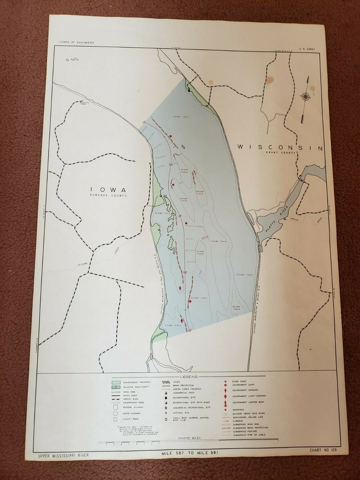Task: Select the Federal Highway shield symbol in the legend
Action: (x=116, y=407)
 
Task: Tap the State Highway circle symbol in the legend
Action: (x=116, y=413)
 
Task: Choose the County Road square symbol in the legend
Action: (x=116, y=419)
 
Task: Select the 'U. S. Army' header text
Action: (x=307, y=49)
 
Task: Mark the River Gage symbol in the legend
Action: (x=226, y=382)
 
